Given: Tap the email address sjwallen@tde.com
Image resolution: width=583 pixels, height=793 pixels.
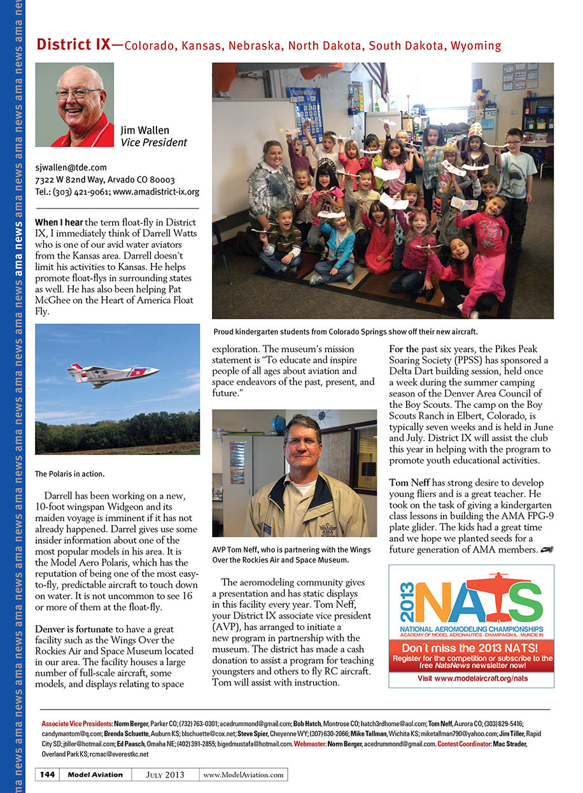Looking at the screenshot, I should (x=71, y=167).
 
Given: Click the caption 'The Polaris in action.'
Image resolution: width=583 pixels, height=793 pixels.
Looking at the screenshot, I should (x=69, y=474).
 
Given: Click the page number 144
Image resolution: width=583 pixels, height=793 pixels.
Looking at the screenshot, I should (x=47, y=775).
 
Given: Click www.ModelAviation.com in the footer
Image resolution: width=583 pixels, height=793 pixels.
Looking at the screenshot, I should (x=243, y=775).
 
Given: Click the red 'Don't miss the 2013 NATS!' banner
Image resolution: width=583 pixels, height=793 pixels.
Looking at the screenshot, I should (x=471, y=654).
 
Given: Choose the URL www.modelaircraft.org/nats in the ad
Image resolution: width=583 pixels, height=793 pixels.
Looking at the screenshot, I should (x=472, y=678).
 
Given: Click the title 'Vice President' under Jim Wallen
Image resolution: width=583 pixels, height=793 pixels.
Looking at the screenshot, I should (x=154, y=143).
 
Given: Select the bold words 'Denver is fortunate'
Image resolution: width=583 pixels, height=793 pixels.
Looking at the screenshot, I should (x=73, y=629).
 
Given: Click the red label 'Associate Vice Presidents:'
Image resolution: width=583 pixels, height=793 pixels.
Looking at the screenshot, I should (x=76, y=724).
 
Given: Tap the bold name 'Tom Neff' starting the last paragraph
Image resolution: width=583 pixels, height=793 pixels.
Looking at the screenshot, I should (x=411, y=482).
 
